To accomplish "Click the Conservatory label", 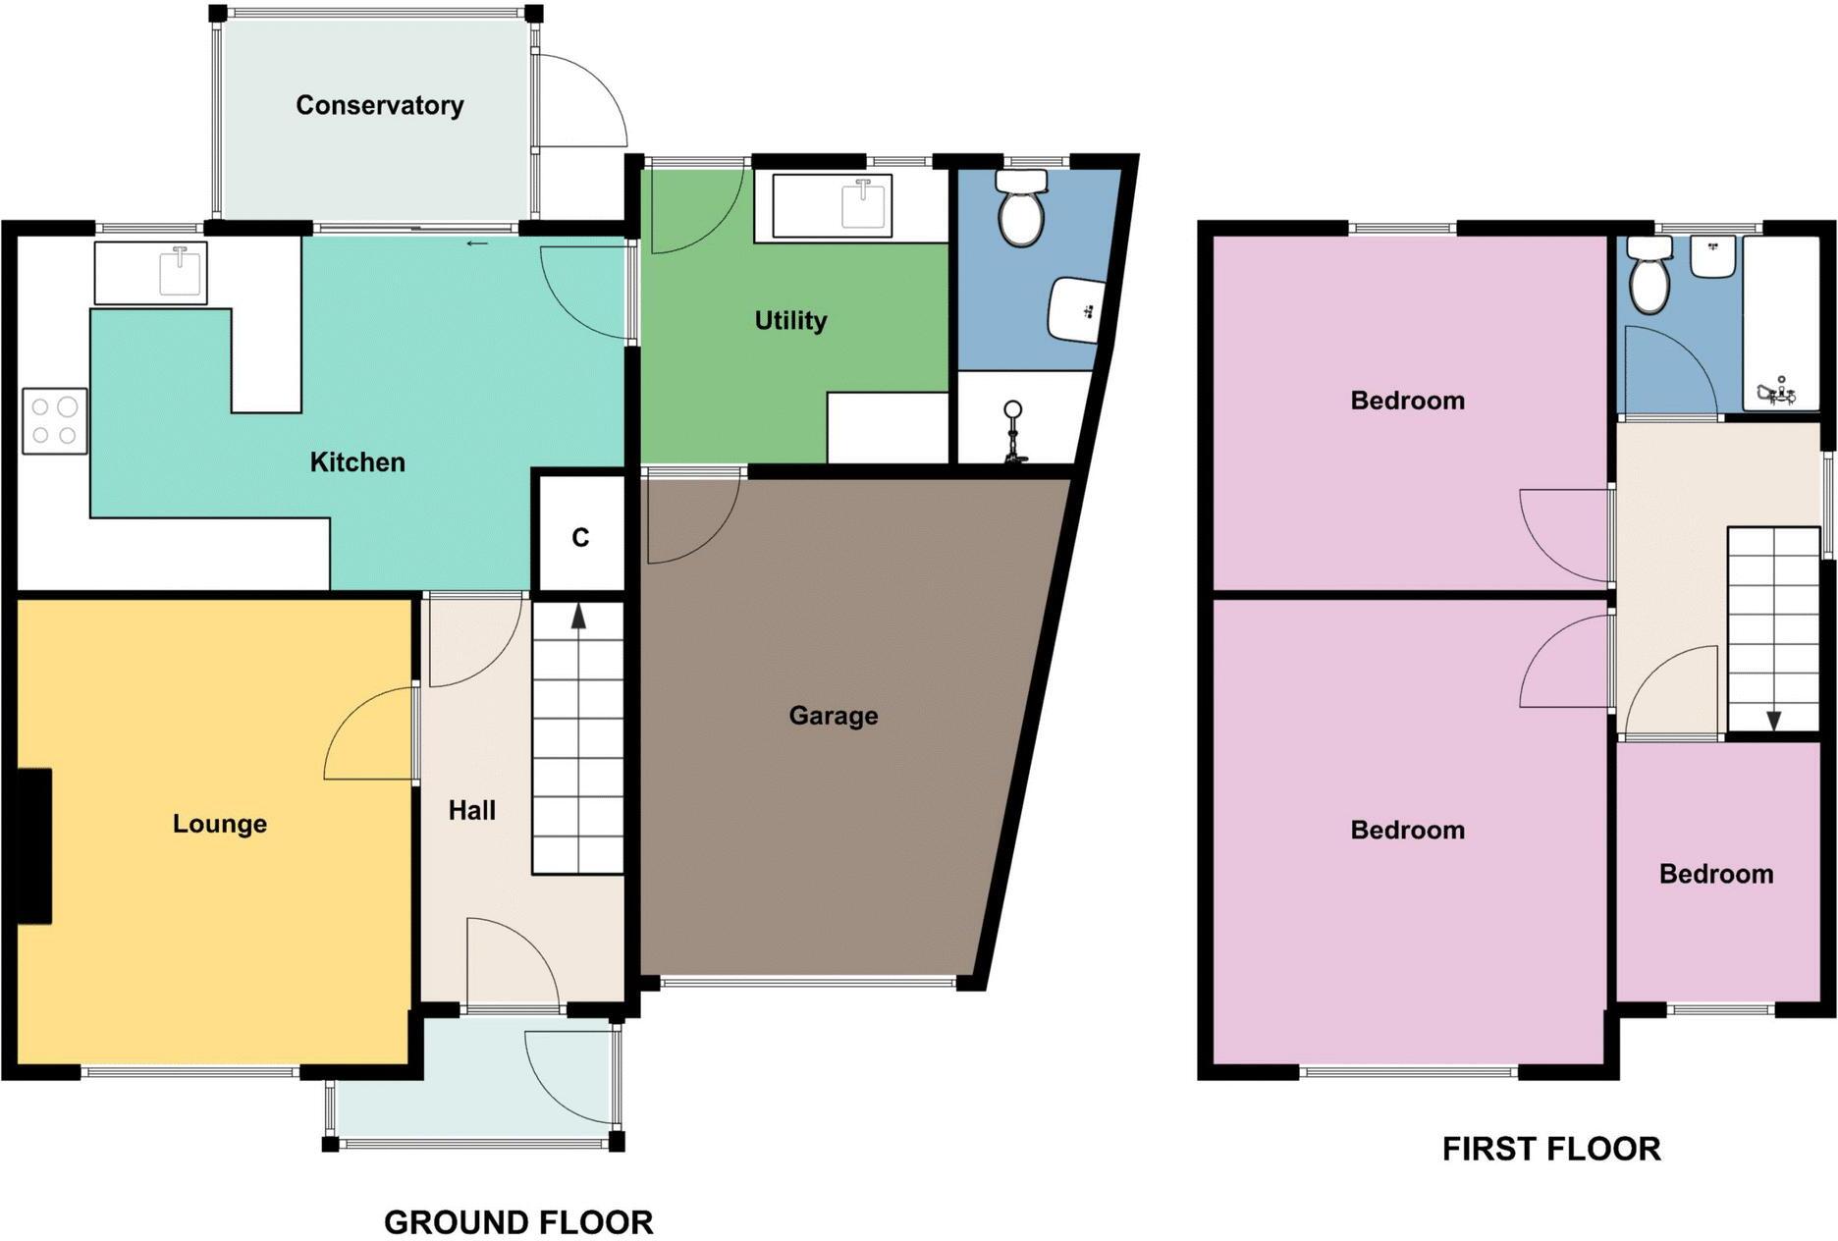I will [x=379, y=105].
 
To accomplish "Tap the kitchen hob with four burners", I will [x=54, y=421].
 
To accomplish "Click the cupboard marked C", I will [x=580, y=537].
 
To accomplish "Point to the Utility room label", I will [x=790, y=320].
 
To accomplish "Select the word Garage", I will [x=833, y=715].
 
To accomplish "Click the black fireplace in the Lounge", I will [x=35, y=846].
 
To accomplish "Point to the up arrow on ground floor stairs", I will [x=578, y=617].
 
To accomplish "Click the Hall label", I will [x=471, y=810].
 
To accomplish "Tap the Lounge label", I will [x=220, y=823].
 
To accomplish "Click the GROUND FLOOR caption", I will [x=518, y=1222].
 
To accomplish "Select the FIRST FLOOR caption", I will [x=1551, y=1149].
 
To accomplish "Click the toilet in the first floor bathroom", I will [x=1649, y=277].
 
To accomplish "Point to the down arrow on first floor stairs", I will [x=1773, y=721].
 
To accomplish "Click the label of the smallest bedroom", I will [x=1716, y=874].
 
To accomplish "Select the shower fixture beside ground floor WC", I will [x=1013, y=432].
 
